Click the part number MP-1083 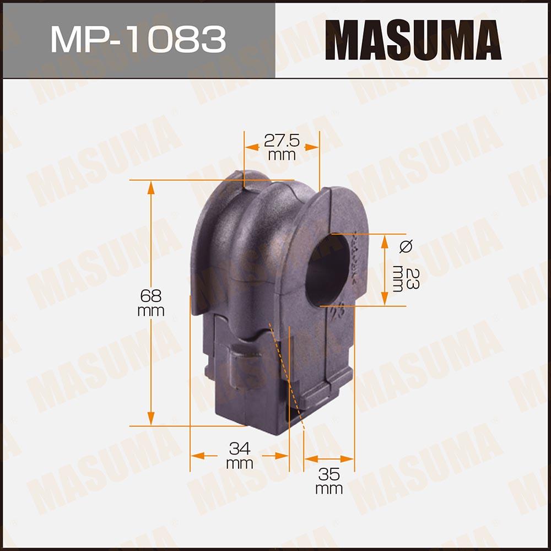[x=138, y=40]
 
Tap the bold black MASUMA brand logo [x=413, y=40]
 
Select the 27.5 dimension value [x=282, y=141]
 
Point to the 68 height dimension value [x=151, y=296]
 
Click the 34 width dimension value [x=240, y=449]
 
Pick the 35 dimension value [x=329, y=474]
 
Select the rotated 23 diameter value [x=412, y=278]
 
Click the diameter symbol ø [x=406, y=246]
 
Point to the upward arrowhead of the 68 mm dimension [x=151, y=188]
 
